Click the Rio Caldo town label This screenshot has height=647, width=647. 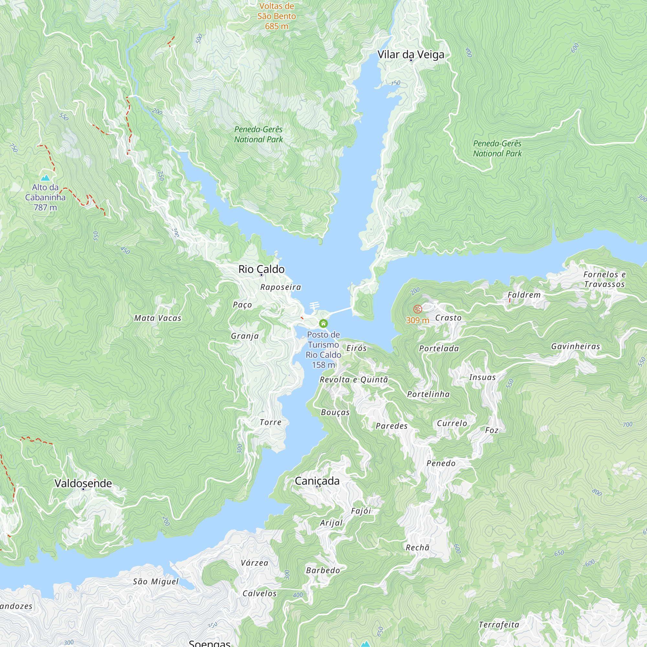pyautogui.click(x=261, y=269)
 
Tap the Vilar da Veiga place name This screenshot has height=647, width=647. pyautogui.click(x=411, y=54)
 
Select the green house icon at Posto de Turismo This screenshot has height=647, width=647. pyautogui.click(x=323, y=323)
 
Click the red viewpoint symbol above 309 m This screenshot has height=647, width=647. pyautogui.click(x=417, y=309)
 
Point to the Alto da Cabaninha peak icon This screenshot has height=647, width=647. pyautogui.click(x=45, y=178)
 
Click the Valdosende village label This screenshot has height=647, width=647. pyautogui.click(x=83, y=483)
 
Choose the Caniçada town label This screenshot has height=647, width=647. pyautogui.click(x=317, y=481)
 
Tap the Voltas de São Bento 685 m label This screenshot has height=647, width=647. pyautogui.click(x=276, y=16)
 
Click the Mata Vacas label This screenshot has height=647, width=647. pyautogui.click(x=158, y=318)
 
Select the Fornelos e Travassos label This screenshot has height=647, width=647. pyautogui.click(x=604, y=279)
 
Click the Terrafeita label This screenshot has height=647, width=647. pyautogui.click(x=499, y=625)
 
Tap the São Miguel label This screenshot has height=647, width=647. pyautogui.click(x=156, y=582)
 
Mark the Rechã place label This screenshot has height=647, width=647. pyautogui.click(x=417, y=548)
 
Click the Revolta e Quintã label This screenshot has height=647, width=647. pyautogui.click(x=354, y=379)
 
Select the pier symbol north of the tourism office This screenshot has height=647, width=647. pyautogui.click(x=314, y=306)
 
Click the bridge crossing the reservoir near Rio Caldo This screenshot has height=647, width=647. pyautogui.click(x=340, y=311)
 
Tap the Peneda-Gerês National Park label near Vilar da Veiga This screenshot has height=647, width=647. pyautogui.click(x=497, y=148)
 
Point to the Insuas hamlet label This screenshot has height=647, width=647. pyautogui.click(x=482, y=377)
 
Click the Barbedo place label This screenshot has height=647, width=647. pyautogui.click(x=323, y=570)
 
